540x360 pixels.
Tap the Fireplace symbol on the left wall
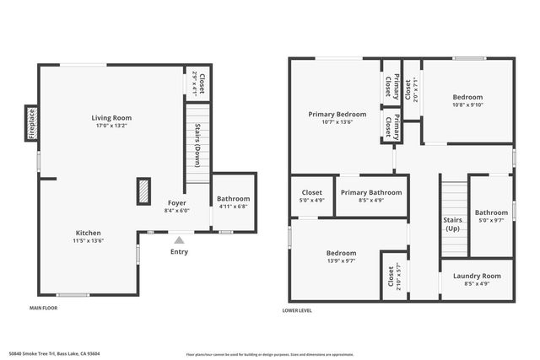(x=31, y=123)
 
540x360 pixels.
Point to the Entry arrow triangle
(x=179, y=240)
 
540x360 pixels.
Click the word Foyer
(x=176, y=203)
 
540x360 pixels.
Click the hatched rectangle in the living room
(x=144, y=191)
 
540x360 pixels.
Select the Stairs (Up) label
(x=453, y=223)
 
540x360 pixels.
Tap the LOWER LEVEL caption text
(x=297, y=310)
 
